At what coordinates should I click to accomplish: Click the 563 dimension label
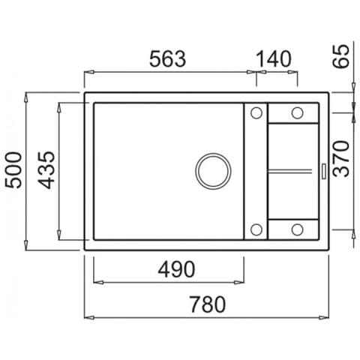[x=167, y=59]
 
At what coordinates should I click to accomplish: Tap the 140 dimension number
[x=274, y=59]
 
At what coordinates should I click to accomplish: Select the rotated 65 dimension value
[x=341, y=56]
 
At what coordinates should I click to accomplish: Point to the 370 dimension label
[x=341, y=159]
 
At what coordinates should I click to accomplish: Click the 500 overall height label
[x=13, y=170]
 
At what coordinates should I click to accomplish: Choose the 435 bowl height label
[x=46, y=170]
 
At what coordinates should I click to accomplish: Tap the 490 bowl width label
[x=176, y=269]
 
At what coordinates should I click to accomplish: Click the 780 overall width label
[x=208, y=304]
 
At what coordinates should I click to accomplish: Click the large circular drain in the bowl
[x=213, y=171]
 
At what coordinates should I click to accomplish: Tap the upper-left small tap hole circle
[x=256, y=113]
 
